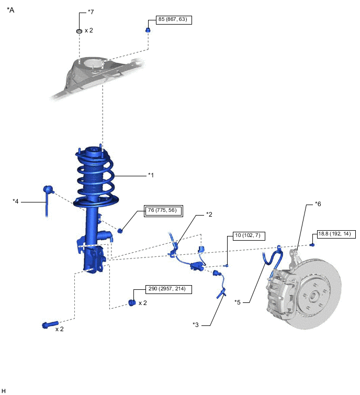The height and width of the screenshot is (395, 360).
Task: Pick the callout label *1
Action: point(151,175)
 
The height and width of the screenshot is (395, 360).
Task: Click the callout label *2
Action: point(209,215)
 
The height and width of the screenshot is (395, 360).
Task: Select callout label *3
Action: point(196,325)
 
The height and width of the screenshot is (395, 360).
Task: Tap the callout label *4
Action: point(16,201)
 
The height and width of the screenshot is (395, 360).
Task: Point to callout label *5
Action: point(238,302)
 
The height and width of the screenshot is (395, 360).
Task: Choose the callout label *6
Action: point(318,204)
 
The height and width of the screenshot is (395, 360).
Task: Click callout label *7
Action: point(91,12)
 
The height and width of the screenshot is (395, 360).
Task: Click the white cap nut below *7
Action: point(79,31)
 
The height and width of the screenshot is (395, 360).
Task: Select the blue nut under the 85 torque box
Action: point(148,30)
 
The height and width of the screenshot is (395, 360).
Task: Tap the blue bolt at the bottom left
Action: point(50,324)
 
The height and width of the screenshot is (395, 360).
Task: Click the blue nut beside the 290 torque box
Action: point(132,302)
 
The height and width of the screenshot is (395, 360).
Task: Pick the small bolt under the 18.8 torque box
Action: point(312,244)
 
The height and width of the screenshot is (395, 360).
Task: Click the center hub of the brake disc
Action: point(313,296)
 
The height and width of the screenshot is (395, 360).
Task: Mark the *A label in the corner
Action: point(10,10)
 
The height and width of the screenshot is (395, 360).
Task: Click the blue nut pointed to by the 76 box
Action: point(120,230)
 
